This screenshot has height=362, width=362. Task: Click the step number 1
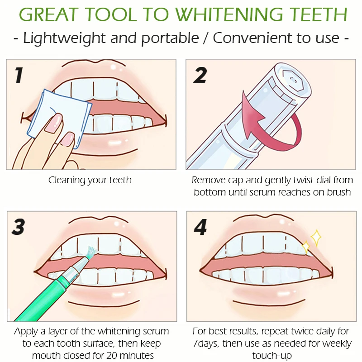19,75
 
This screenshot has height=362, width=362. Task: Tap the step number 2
200,75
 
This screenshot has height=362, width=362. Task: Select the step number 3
19,227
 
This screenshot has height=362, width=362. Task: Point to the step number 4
200,227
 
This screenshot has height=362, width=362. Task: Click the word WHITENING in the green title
229,15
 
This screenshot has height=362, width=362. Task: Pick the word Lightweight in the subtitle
64,38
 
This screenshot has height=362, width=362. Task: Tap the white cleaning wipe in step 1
60,118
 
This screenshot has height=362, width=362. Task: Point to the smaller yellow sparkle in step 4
306,248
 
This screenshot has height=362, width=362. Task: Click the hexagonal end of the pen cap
293,80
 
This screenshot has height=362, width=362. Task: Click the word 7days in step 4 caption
206,344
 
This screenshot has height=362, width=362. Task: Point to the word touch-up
272,356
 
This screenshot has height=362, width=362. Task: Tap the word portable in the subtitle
170,38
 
